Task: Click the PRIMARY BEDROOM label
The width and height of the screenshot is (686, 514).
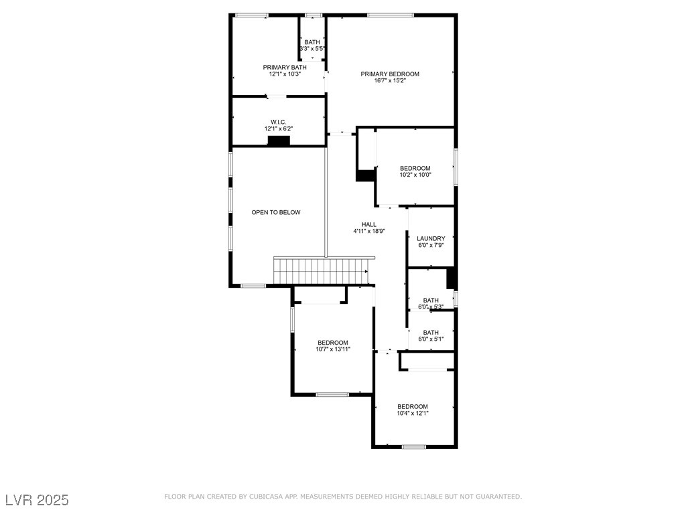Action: pos(390,74)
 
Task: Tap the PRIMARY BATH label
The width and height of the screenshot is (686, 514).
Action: pos(284,68)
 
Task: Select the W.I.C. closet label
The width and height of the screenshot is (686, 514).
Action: pos(278,122)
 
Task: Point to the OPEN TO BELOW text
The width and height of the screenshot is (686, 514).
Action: pos(275,212)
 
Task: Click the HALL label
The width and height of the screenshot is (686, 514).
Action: pos(369,224)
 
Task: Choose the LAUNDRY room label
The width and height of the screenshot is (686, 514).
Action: pos(431,239)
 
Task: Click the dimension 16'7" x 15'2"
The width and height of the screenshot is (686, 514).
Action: pos(390,80)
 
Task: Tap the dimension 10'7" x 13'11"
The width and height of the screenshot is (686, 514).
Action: pos(333,349)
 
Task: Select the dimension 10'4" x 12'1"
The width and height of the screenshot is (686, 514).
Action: pos(413,413)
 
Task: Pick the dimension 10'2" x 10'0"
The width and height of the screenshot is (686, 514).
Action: pos(415,175)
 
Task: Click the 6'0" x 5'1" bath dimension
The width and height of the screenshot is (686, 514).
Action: pos(431,339)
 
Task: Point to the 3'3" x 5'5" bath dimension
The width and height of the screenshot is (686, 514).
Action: pos(312,48)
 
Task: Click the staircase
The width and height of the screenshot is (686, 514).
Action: pos(322,271)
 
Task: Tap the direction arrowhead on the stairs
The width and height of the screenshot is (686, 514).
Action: pos(366,272)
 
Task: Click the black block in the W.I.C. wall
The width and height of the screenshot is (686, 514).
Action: pos(279,141)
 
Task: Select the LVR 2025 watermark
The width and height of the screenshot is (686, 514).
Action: pos(38,500)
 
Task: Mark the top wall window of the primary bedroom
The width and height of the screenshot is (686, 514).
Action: pos(391,15)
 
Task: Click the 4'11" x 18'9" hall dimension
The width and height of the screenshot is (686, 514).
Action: pos(369,231)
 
